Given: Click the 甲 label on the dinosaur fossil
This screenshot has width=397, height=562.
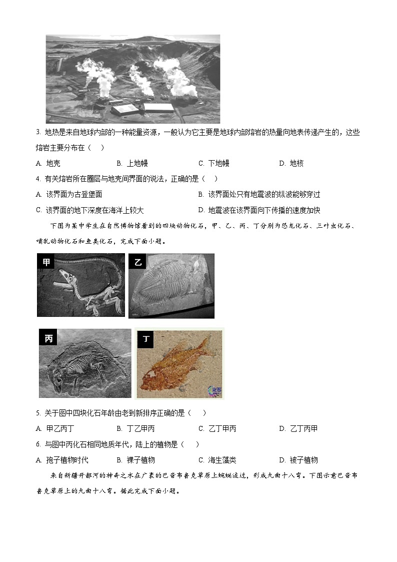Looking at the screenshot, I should [x=46, y=262].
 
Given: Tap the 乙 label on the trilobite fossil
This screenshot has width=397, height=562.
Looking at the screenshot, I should [x=138, y=262].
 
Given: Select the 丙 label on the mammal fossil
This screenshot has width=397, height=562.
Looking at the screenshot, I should [x=48, y=338].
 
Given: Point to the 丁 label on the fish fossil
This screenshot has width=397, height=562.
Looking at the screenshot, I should [x=146, y=339].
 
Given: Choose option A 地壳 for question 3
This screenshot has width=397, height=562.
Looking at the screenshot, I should [x=48, y=163].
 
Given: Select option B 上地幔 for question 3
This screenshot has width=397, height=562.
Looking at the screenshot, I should [x=132, y=163].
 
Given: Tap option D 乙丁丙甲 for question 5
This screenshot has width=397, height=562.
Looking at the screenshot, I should [x=298, y=428].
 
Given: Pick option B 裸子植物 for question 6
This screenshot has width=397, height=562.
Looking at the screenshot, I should [x=135, y=460].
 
